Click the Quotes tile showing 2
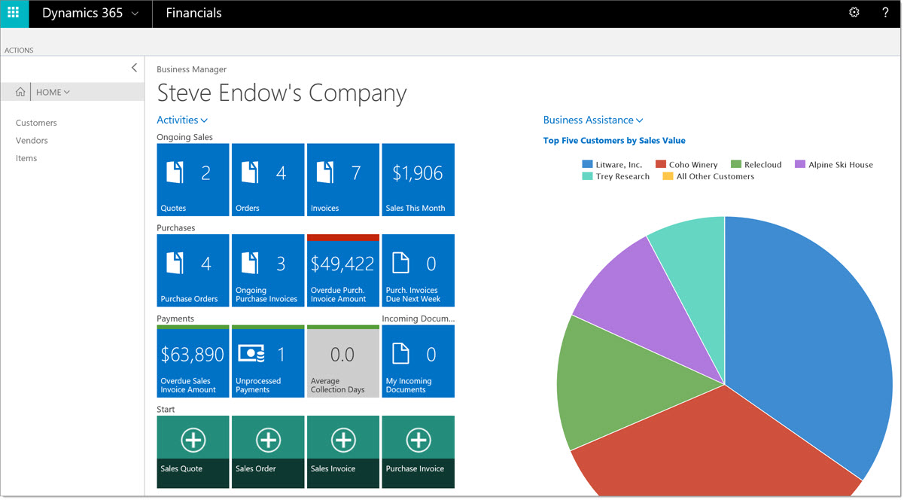click(193, 180)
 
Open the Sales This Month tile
click(418, 180)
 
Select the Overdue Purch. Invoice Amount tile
click(342, 271)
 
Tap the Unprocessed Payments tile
click(268, 361)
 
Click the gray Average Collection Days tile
click(342, 361)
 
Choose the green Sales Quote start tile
click(193, 452)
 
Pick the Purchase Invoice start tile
click(418, 452)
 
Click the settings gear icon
click(854, 13)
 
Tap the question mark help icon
click(885, 13)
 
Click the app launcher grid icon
click(14, 13)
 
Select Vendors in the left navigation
click(32, 141)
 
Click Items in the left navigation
click(26, 158)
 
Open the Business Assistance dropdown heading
click(593, 120)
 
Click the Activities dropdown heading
click(182, 120)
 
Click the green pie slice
click(617, 384)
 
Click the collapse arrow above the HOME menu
click(134, 68)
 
